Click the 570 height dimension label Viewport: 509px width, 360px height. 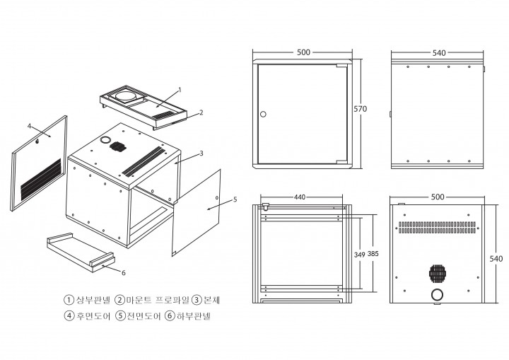pyautogui.click(x=361, y=109)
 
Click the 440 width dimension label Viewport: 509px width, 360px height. pyautogui.click(x=300, y=197)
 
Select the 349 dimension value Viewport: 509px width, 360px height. pyautogui.click(x=360, y=255)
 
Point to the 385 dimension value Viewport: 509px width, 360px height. pyautogui.click(x=373, y=254)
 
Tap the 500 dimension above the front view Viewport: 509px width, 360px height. pyautogui.click(x=303, y=52)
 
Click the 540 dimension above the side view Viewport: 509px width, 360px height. pyautogui.click(x=439, y=53)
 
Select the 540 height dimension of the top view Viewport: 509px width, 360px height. pyautogui.click(x=496, y=259)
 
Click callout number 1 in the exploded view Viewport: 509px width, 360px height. pyautogui.click(x=180, y=90)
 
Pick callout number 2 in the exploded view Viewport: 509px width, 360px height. pyautogui.click(x=201, y=112)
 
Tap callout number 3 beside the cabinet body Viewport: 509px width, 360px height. pyautogui.click(x=201, y=153)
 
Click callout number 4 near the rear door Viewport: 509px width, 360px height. pyautogui.click(x=29, y=126)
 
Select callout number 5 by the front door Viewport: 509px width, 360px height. pyautogui.click(x=235, y=199)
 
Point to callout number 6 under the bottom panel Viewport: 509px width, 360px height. pyautogui.click(x=123, y=273)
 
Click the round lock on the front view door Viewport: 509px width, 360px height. pyautogui.click(x=263, y=114)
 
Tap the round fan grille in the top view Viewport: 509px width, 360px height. pyautogui.click(x=438, y=273)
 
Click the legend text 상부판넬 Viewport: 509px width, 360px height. pyautogui.click(x=93, y=300)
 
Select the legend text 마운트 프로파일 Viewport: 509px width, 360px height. pyautogui.click(x=157, y=300)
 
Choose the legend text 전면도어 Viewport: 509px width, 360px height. pyautogui.click(x=144, y=316)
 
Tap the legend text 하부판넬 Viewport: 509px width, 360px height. pyautogui.click(x=194, y=316)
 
